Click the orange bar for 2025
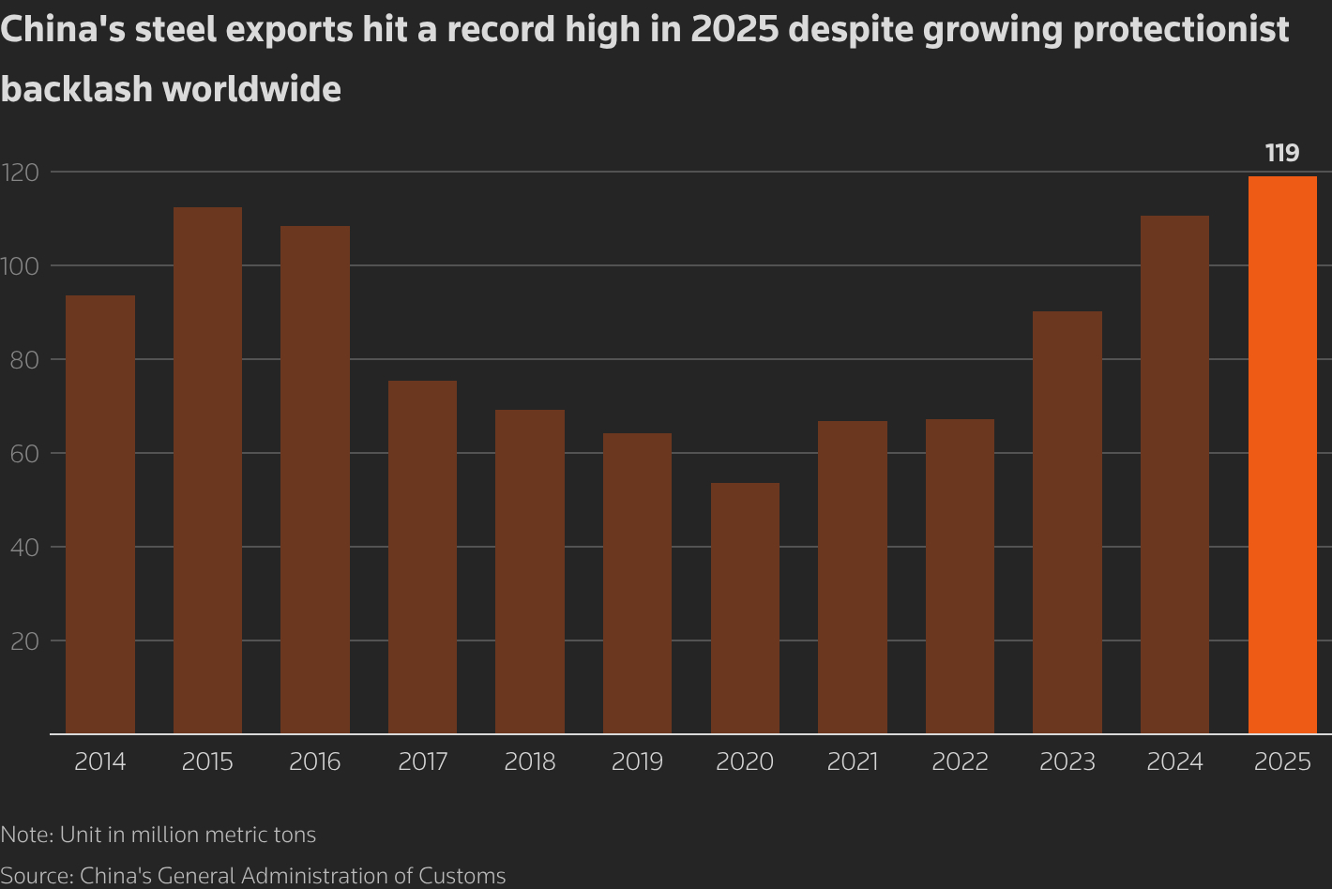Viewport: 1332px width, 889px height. tap(1282, 455)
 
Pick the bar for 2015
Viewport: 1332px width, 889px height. tap(207, 470)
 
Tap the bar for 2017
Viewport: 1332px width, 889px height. tap(422, 557)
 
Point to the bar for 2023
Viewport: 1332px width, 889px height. tap(1067, 522)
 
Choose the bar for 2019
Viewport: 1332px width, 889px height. tap(637, 583)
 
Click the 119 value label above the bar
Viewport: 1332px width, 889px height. tap(1282, 153)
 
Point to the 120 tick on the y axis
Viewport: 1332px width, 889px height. tap(20, 173)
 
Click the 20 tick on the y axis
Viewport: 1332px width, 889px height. tap(24, 641)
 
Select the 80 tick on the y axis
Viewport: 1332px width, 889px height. tap(24, 360)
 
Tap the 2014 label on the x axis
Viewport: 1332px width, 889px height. tap(100, 761)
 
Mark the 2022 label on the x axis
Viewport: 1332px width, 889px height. tap(960, 761)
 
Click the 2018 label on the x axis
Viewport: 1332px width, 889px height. tap(530, 761)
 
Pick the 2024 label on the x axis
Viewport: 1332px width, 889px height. tap(1174, 761)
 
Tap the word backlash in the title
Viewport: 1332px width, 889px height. tap(76, 89)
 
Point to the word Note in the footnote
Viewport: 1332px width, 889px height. tap(25, 835)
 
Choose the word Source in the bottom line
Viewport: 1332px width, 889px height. tap(37, 876)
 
